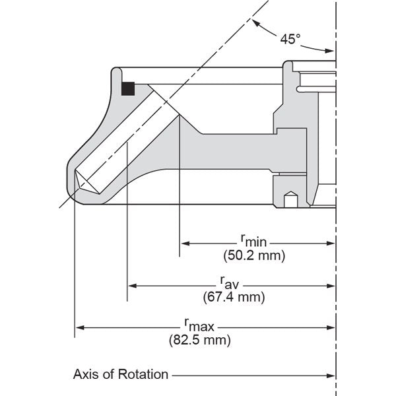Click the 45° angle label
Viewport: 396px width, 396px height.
290,39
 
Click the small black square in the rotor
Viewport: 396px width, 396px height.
129,88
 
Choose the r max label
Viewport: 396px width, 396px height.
199,326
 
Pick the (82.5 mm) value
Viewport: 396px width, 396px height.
199,341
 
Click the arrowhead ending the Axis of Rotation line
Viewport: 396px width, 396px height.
331,376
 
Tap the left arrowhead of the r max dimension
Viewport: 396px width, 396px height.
79,326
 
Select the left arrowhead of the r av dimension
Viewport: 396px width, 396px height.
131,285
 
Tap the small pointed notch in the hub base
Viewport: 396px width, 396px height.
289,196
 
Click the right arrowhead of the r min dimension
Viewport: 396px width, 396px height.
332,243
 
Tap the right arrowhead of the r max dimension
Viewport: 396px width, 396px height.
332,326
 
